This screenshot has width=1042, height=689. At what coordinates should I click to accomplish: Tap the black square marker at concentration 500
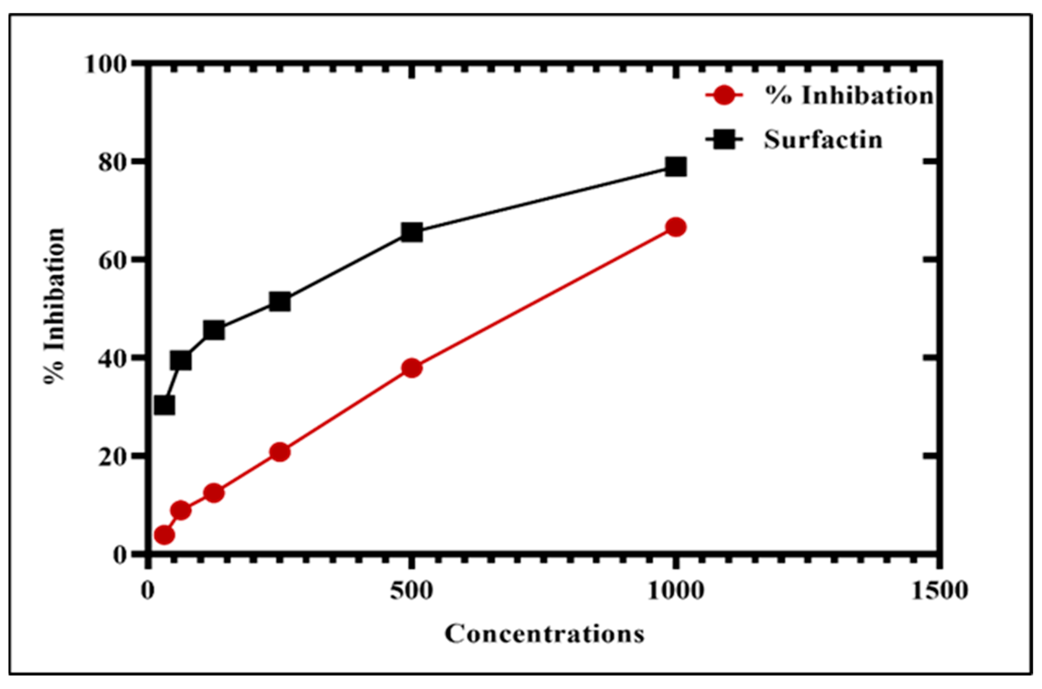412,232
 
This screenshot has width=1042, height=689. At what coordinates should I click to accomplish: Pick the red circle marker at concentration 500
412,368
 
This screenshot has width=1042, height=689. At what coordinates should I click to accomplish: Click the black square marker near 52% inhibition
280,302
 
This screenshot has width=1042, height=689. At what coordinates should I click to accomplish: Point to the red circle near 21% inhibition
280,452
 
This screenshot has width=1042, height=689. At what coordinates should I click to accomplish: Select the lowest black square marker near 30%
164,405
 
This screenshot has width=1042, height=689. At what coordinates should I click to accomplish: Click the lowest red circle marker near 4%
164,535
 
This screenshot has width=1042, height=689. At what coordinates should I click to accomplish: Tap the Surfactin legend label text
823,140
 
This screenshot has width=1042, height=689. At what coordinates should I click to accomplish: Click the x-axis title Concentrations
544,634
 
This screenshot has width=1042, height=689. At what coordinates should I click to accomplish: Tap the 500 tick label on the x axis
412,592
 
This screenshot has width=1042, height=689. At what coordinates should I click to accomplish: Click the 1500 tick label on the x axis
939,592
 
